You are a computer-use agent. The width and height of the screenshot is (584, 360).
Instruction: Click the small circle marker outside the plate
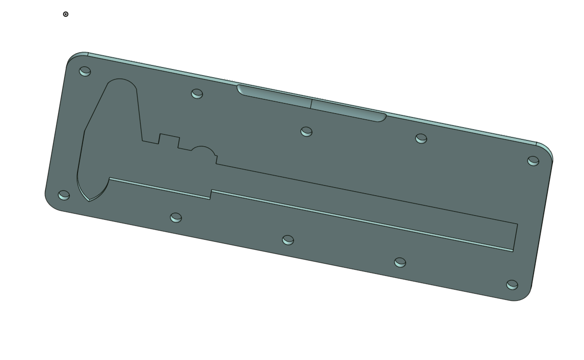point(65,14)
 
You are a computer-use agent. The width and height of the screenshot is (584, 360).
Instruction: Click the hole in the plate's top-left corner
point(85,71)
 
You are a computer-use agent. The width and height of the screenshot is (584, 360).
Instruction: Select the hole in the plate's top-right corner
point(533,161)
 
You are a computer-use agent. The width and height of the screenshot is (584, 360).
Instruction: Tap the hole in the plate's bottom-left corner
point(64,195)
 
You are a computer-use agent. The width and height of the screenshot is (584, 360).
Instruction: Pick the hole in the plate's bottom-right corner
point(512,285)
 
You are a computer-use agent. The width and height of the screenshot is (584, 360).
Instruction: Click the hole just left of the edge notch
point(197,93)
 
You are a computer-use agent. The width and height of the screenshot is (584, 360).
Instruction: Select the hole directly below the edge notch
point(306,132)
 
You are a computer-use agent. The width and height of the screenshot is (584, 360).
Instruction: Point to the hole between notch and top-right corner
point(421,138)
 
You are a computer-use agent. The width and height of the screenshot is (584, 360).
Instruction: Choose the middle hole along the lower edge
point(288,240)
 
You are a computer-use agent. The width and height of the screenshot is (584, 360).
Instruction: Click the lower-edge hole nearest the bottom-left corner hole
point(176,218)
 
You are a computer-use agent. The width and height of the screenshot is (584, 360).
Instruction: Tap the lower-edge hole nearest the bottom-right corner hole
point(400,262)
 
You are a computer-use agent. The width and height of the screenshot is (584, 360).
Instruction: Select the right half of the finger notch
point(349,110)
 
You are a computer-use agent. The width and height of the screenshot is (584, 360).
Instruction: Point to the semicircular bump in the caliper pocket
point(203,150)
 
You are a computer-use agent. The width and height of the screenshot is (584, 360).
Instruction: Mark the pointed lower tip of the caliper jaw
point(89,199)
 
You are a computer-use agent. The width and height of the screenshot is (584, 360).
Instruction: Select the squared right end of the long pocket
point(515,237)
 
